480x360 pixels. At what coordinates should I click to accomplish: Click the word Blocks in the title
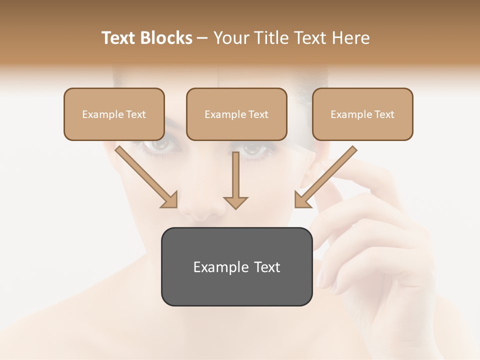[166, 38]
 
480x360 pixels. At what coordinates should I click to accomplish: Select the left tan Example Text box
[114, 114]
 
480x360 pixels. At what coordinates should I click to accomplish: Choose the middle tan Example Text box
[236, 114]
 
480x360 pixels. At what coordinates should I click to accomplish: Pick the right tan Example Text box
[362, 114]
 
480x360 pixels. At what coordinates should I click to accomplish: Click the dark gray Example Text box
[236, 267]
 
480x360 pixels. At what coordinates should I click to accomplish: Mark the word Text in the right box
[384, 114]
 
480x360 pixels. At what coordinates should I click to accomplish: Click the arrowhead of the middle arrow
[235, 202]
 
